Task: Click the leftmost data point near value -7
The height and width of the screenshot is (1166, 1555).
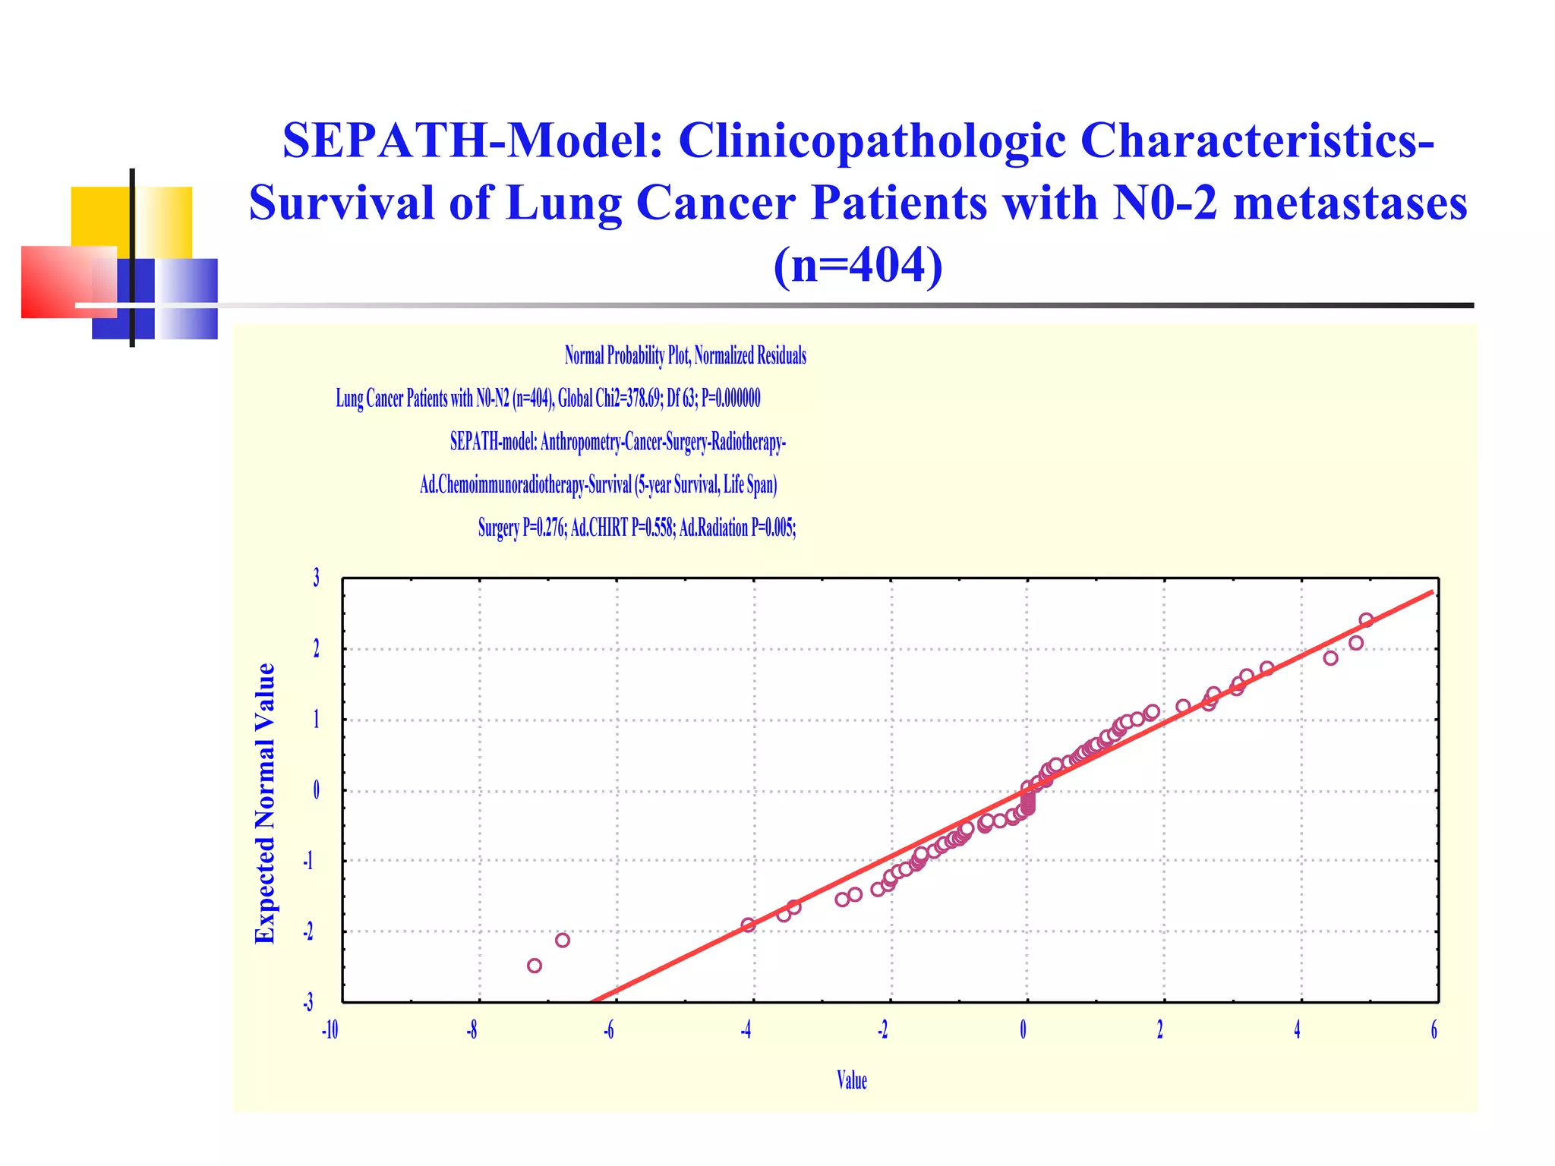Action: click(x=535, y=966)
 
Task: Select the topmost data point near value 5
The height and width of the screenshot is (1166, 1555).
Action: click(x=1366, y=620)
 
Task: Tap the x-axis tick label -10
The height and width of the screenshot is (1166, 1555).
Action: click(x=330, y=1030)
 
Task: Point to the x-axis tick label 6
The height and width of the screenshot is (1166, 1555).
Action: click(x=1434, y=1030)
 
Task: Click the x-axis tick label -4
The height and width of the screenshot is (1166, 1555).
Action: click(x=746, y=1030)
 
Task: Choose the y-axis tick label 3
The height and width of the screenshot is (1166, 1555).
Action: click(x=316, y=578)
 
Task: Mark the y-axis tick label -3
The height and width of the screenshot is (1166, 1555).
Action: click(x=308, y=1004)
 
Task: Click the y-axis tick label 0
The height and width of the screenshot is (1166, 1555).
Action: click(x=316, y=791)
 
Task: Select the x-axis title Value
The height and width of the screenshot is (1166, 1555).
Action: click(x=851, y=1080)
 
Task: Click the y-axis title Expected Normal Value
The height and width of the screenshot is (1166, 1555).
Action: click(x=264, y=803)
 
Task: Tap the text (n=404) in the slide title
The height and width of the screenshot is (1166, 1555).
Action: click(x=858, y=266)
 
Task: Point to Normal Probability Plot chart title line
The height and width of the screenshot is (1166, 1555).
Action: click(x=685, y=355)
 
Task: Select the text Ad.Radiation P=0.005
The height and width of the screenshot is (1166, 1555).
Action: click(x=736, y=528)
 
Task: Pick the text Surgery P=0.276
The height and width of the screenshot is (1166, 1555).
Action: click(x=522, y=528)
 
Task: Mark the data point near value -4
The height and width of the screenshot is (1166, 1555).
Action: click(x=748, y=925)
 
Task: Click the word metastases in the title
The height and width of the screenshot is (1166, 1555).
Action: click(x=1350, y=203)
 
